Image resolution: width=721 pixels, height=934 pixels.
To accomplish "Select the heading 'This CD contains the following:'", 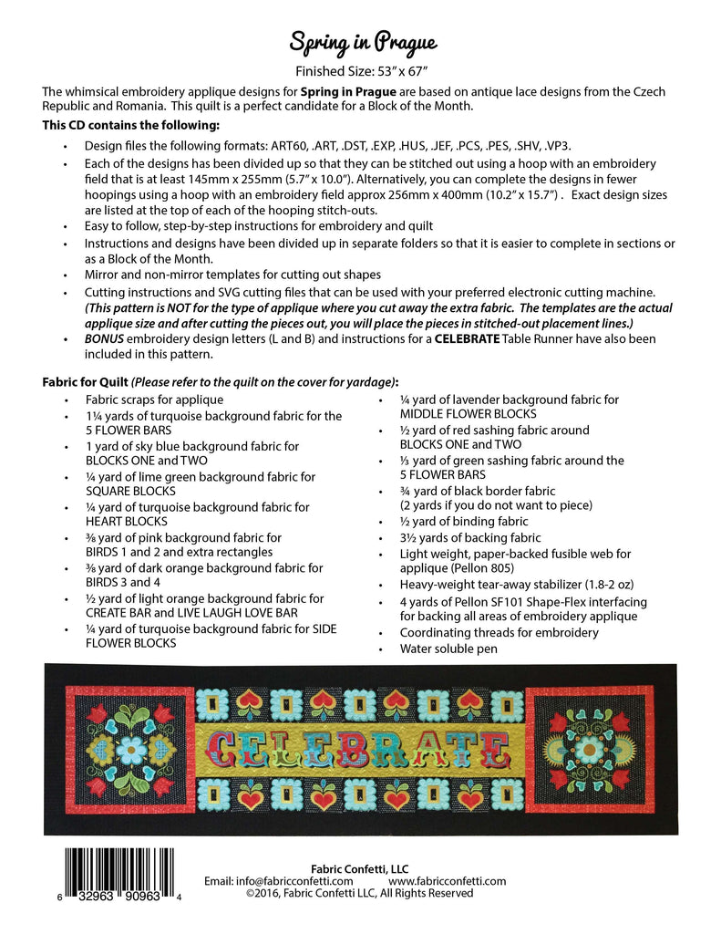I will click(130, 125).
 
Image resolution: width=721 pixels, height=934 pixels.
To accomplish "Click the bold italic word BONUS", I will click(107, 338).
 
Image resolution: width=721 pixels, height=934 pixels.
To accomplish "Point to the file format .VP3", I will click(561, 146).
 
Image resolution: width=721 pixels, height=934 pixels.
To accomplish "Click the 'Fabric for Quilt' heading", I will click(86, 381).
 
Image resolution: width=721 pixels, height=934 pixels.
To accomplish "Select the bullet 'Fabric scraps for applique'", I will click(154, 400).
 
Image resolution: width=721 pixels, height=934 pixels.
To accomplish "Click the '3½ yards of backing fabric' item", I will click(470, 538).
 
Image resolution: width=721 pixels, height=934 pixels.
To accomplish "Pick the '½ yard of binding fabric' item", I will click(464, 522).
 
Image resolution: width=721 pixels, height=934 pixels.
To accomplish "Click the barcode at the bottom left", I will click(122, 873).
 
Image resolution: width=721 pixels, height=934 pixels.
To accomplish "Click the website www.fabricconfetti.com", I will click(447, 881).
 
